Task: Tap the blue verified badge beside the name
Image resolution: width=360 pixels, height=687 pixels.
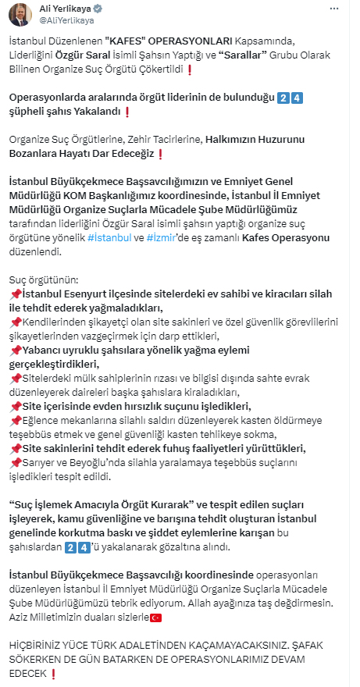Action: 98,9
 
